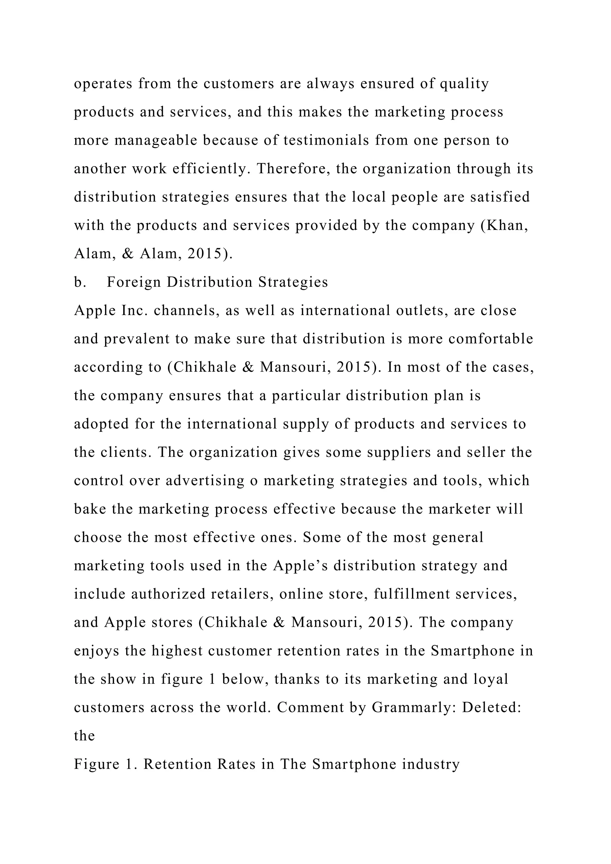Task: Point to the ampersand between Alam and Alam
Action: (x=128, y=254)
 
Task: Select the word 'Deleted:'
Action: (x=491, y=707)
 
